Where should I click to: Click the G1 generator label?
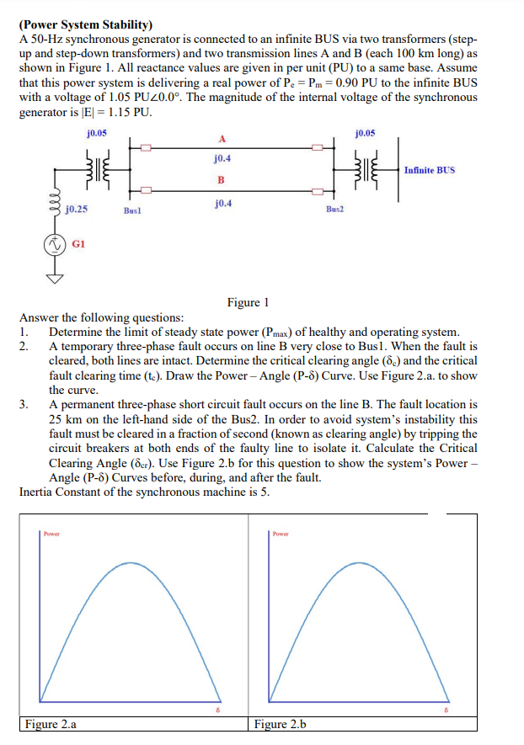pyautogui.click(x=78, y=243)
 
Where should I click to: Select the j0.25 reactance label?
pyautogui.click(x=78, y=208)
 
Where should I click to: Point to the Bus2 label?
pyautogui.click(x=335, y=207)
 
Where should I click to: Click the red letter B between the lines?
pyautogui.click(x=222, y=180)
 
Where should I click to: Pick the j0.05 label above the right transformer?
pyautogui.click(x=366, y=133)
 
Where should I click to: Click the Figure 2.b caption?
pyautogui.click(x=280, y=724)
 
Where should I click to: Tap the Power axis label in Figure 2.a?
pyautogui.click(x=52, y=533)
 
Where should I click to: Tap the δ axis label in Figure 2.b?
pyautogui.click(x=448, y=711)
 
